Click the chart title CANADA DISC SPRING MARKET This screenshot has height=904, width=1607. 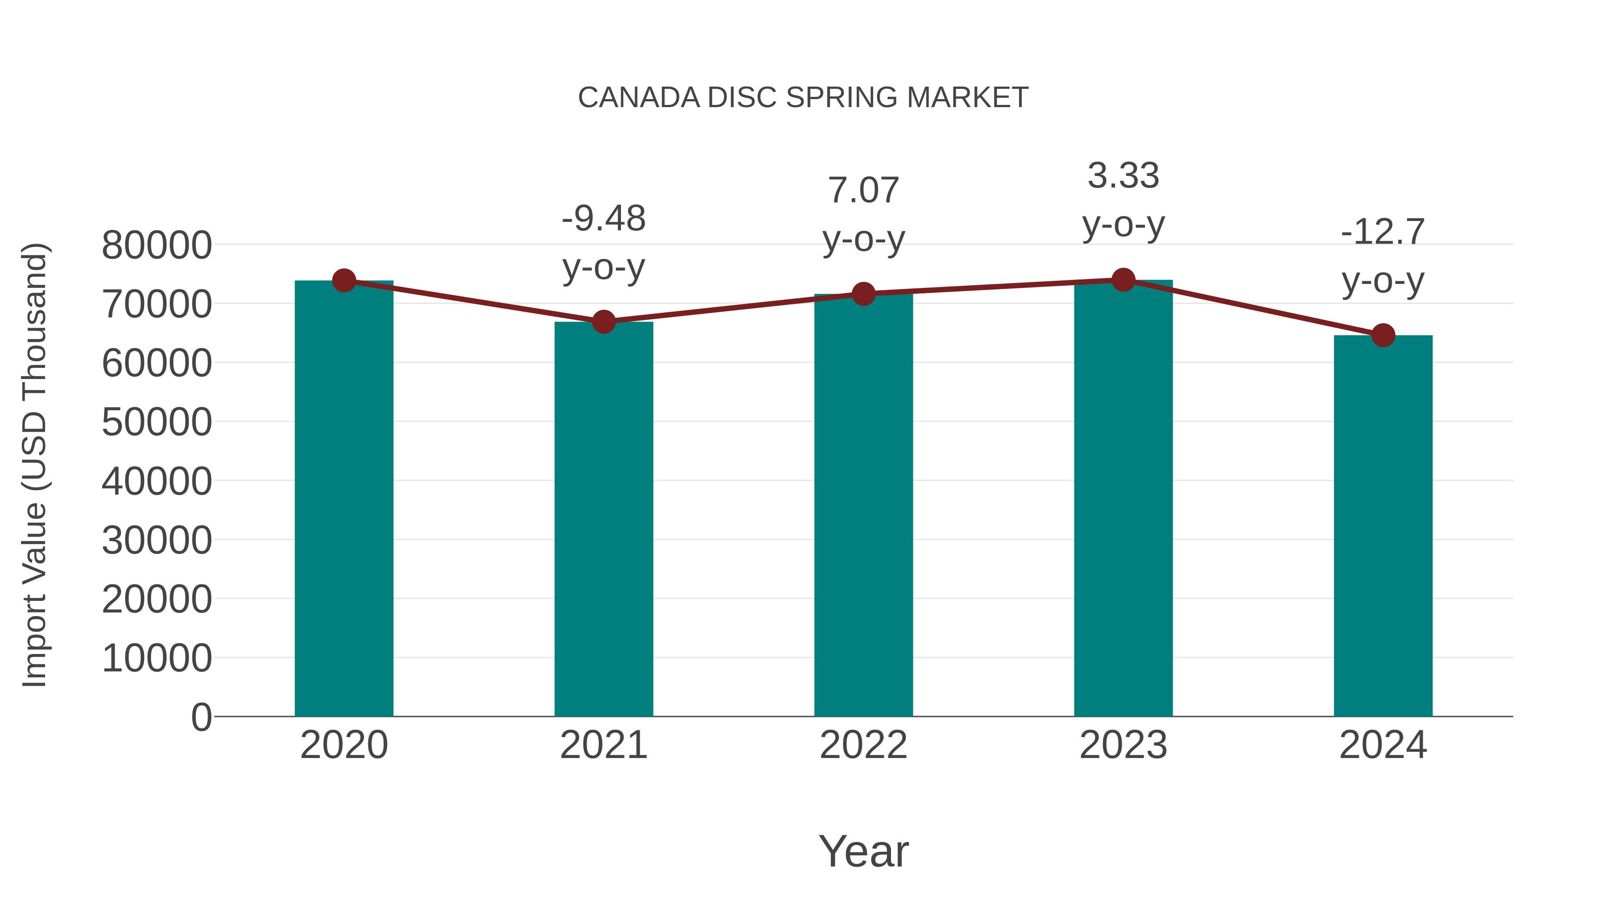pos(803,97)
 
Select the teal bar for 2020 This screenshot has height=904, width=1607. pos(344,499)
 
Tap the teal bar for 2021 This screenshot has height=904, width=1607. pos(603,518)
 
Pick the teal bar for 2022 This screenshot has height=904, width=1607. pos(863,505)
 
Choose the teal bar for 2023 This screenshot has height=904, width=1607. pos(1123,499)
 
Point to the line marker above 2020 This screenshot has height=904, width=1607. pos(344,281)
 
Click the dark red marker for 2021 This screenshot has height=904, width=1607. pos(603,322)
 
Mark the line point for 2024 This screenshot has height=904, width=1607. pos(1383,335)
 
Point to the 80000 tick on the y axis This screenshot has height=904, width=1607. pos(157,245)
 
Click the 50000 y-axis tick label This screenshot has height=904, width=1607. pos(157,422)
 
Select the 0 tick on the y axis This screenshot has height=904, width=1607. pos(201,717)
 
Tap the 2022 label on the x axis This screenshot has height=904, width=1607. pos(863,745)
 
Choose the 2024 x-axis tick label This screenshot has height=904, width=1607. pos(1383,745)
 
